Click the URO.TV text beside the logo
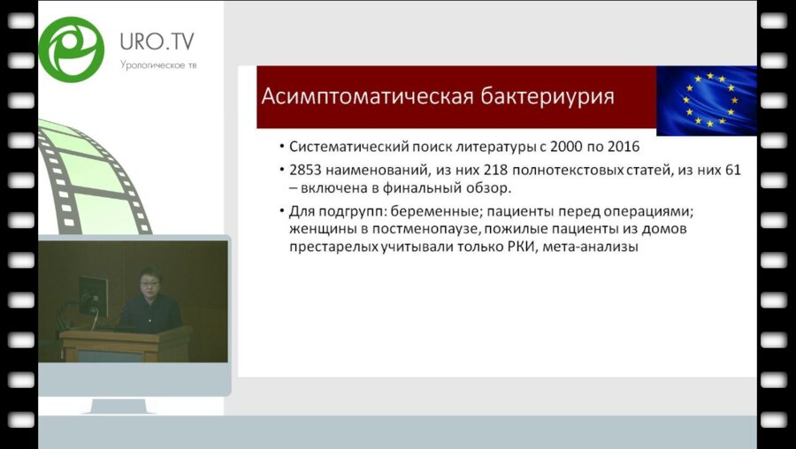click(x=157, y=41)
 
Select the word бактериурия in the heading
click(x=546, y=95)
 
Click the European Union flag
click(x=706, y=100)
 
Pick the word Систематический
click(x=347, y=148)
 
